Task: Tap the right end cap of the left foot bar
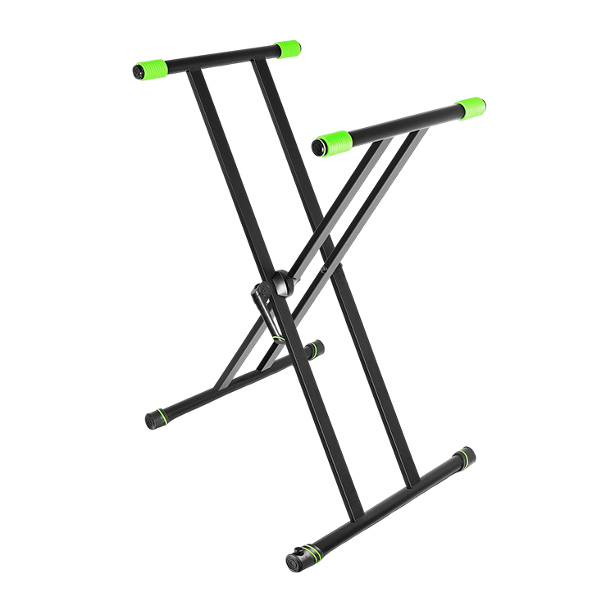click(x=316, y=350)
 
